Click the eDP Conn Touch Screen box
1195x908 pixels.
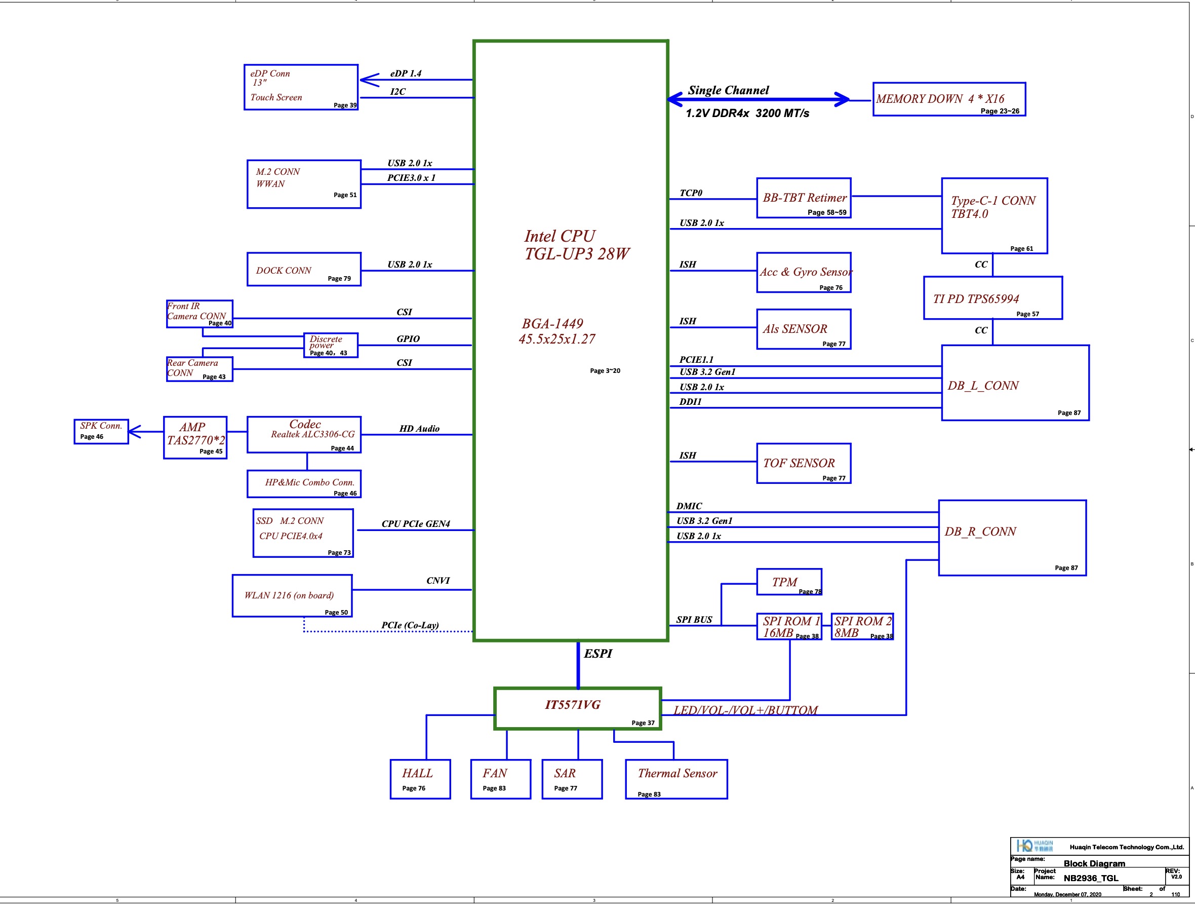pyautogui.click(x=300, y=87)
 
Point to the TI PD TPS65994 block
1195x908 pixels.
pyautogui.click(x=992, y=298)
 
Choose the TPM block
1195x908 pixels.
pyautogui.click(x=789, y=582)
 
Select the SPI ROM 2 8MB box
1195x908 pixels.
pyautogui.click(x=862, y=626)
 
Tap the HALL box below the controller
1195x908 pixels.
pyautogui.click(x=420, y=779)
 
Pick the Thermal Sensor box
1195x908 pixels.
pyautogui.click(x=676, y=779)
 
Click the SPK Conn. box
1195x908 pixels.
pyautogui.click(x=101, y=431)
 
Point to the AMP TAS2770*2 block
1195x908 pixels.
pyautogui.click(x=195, y=437)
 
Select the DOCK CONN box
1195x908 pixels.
pyautogui.click(x=304, y=269)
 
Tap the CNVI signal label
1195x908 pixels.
pyautogui.click(x=437, y=581)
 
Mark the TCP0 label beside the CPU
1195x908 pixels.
pyautogui.click(x=691, y=193)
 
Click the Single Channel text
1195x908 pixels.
pyautogui.click(x=728, y=90)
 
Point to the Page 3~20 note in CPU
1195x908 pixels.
pyautogui.click(x=605, y=371)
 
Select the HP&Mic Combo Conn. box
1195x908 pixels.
pyautogui.click(x=304, y=484)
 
